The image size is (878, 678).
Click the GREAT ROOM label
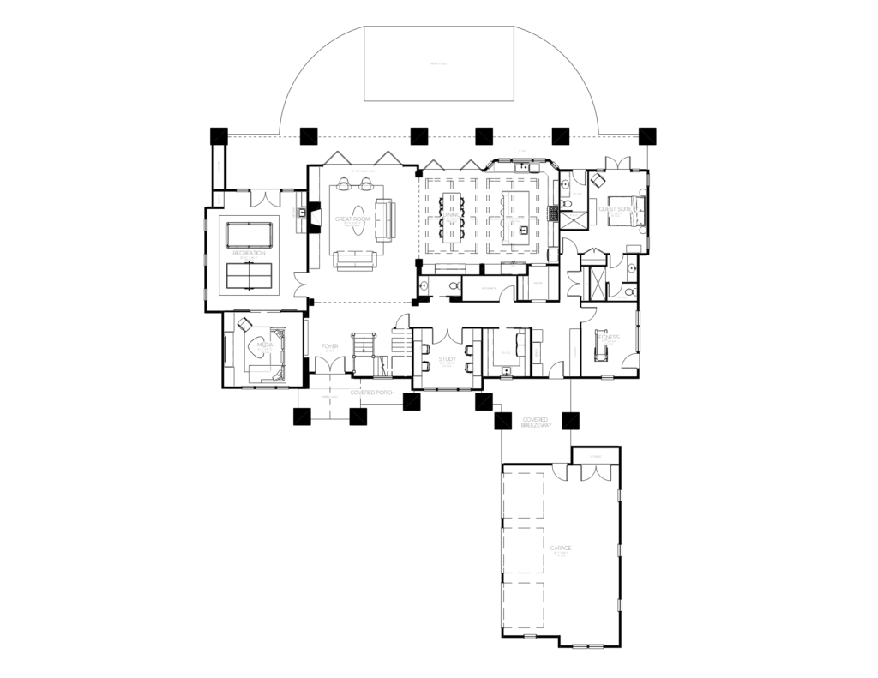point(352,220)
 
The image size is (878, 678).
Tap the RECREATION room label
point(249,254)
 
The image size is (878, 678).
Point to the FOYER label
point(329,347)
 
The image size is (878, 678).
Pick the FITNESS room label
point(608,339)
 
